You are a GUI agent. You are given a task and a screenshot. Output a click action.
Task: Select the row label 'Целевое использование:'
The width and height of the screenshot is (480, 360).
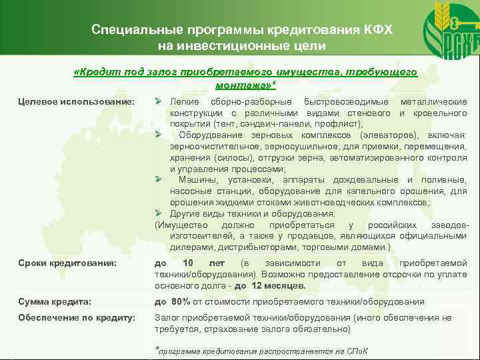77,101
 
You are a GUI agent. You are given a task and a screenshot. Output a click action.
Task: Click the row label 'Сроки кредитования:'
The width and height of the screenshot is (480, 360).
69,263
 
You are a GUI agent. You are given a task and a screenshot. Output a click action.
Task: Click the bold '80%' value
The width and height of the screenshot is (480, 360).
181,302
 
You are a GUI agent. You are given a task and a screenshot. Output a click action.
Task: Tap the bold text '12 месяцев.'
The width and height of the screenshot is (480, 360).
277,286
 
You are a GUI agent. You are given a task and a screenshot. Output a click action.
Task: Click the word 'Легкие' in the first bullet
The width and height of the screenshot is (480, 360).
184,101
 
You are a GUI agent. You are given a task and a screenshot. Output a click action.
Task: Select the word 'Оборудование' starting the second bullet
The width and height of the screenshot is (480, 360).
207,135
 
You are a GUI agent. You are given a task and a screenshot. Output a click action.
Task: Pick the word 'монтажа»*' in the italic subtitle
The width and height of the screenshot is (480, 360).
245,86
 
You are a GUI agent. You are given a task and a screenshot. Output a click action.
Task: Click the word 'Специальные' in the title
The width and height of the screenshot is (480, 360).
131,30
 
